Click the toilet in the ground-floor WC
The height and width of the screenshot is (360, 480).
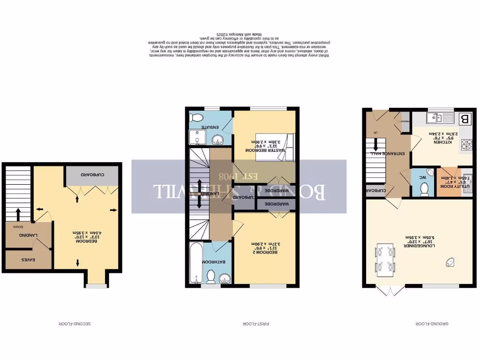click(x=425, y=188)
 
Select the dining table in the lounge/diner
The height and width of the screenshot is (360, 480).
click(x=385, y=259)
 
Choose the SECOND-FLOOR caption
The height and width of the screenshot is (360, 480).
click(x=75, y=323)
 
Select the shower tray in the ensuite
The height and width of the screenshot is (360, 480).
click(x=195, y=138)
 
